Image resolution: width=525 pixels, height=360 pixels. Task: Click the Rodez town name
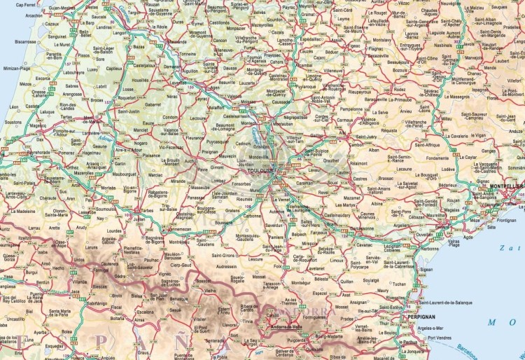pos(400,90)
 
